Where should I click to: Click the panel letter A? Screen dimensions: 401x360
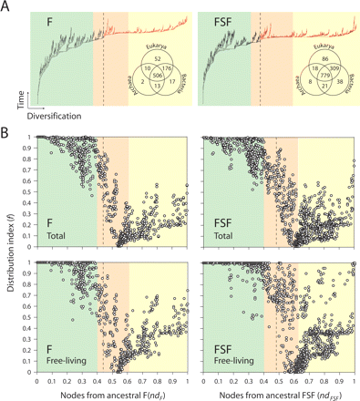(x=6, y=6)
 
